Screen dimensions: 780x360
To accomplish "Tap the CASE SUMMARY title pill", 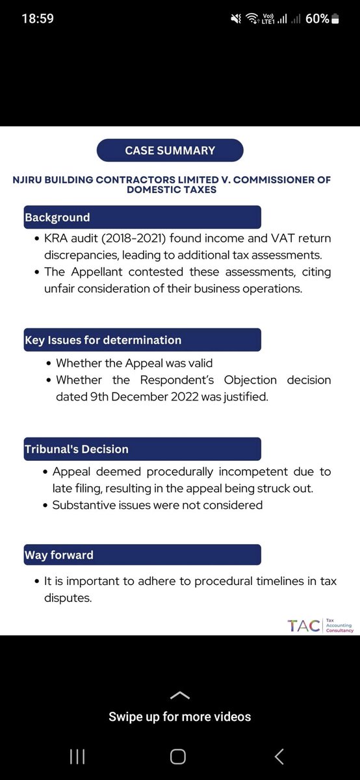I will point(170,150).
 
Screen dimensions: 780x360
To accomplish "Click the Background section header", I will point(57,217).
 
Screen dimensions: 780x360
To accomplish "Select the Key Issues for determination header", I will point(103,340).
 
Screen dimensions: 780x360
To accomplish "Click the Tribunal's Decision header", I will point(77,449).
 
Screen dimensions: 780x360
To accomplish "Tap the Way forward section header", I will point(59,555).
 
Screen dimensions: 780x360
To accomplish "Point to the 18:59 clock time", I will point(38,19).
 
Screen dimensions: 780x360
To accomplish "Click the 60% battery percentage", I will point(317,19).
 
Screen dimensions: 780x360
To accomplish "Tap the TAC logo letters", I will point(303,625).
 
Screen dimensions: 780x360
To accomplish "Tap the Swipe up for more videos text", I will point(179,717).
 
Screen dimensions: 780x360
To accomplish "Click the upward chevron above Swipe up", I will point(179,695).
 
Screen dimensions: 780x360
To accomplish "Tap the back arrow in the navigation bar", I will point(279,756).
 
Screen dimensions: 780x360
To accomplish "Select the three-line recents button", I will point(77,756).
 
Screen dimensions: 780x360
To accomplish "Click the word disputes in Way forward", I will point(68,597).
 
